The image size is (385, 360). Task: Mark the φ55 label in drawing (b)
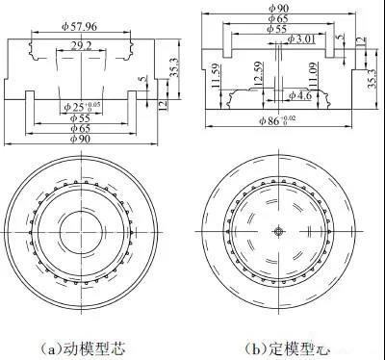click(280, 29)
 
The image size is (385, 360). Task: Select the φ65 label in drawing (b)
click(280, 18)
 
